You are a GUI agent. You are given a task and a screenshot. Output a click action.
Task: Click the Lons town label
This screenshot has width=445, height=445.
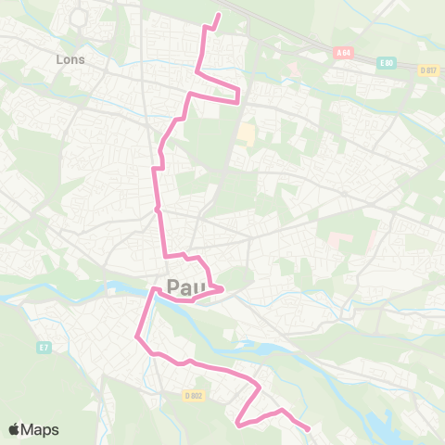point(70,59)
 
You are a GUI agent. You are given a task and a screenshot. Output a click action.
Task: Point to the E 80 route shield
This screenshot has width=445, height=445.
point(386,63)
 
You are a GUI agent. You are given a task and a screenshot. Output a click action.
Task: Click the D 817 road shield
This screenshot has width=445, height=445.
point(427,70)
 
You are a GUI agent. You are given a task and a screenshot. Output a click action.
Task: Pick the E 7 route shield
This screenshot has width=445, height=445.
point(43,348)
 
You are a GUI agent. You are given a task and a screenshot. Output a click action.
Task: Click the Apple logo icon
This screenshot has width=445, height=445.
point(15,429)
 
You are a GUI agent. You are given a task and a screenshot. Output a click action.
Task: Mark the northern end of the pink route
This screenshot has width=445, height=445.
point(219,15)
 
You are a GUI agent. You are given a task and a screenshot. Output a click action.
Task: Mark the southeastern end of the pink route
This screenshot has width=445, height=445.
point(308,429)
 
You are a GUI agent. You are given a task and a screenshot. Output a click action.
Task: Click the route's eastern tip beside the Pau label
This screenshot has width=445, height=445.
point(223,290)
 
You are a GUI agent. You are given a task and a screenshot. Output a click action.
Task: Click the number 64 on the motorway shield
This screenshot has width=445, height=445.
point(348,54)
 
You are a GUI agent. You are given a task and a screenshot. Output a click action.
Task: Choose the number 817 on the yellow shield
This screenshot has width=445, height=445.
point(430,70)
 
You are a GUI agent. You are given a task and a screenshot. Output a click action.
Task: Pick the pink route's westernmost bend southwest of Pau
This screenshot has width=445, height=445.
point(138,337)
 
